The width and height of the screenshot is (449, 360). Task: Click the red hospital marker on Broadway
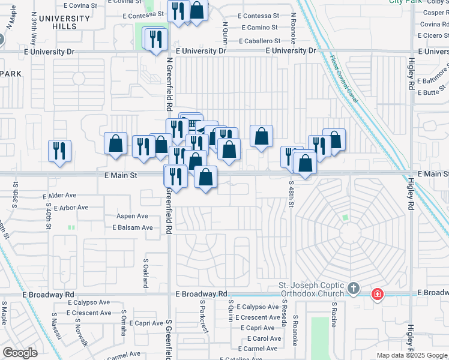click(x=377, y=294)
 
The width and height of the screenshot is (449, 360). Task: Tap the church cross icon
click(x=354, y=289)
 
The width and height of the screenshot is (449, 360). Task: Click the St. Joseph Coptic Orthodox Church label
click(x=310, y=289)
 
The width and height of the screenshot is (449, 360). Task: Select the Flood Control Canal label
click(x=343, y=79)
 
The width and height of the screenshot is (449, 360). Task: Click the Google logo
click(x=20, y=353)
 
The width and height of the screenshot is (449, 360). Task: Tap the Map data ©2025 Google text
click(x=412, y=355)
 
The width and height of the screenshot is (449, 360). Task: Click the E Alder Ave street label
click(x=59, y=196)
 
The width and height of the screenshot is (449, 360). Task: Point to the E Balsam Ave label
click(x=132, y=227)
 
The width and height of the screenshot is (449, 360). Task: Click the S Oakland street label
click(x=146, y=273)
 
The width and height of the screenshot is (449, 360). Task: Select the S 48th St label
click(x=291, y=194)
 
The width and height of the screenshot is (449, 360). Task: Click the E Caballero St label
click(x=259, y=41)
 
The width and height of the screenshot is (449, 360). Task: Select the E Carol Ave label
click(x=259, y=338)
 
